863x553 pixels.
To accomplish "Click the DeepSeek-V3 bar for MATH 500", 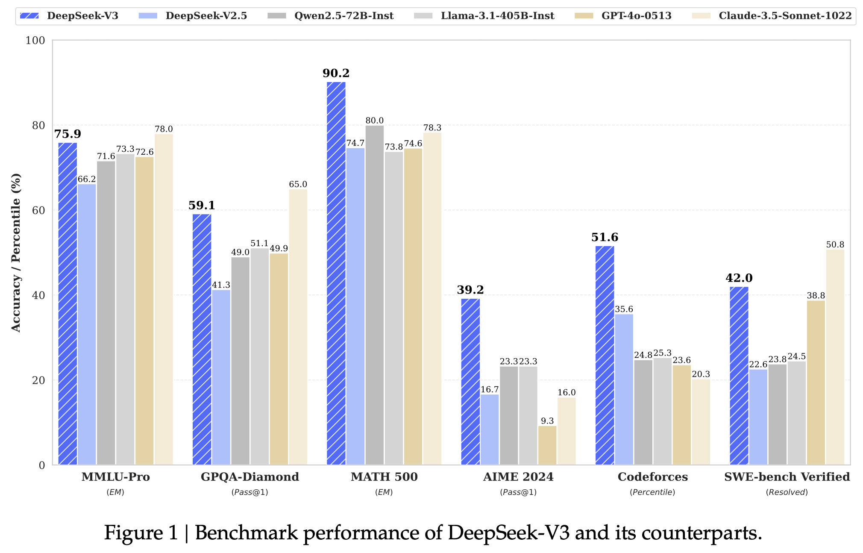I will pos(336,274).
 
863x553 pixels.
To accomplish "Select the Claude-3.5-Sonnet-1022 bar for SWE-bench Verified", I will pos(835,357).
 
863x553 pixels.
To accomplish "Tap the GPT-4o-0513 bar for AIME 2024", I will pos(547,445).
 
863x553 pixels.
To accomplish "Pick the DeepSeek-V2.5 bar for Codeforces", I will pos(624,389).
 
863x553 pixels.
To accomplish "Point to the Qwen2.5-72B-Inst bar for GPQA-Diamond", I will pos(241,361).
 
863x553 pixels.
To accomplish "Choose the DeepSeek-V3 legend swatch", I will pos(29,16).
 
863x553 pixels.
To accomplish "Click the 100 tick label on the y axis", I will pos(35,40).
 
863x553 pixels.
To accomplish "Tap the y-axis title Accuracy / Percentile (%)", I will pos(16,252).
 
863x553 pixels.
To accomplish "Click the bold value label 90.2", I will pos(336,73).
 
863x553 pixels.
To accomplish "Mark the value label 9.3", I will pos(547,421).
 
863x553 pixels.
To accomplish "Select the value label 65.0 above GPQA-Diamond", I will pos(298,184).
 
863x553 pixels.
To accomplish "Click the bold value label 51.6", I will pos(605,237).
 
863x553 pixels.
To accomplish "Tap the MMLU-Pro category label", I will pos(115,477).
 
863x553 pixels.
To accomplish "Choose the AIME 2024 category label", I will pos(518,477).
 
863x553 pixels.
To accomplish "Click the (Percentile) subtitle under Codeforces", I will pos(652,492).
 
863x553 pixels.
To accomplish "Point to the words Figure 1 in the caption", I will pos(141,533).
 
